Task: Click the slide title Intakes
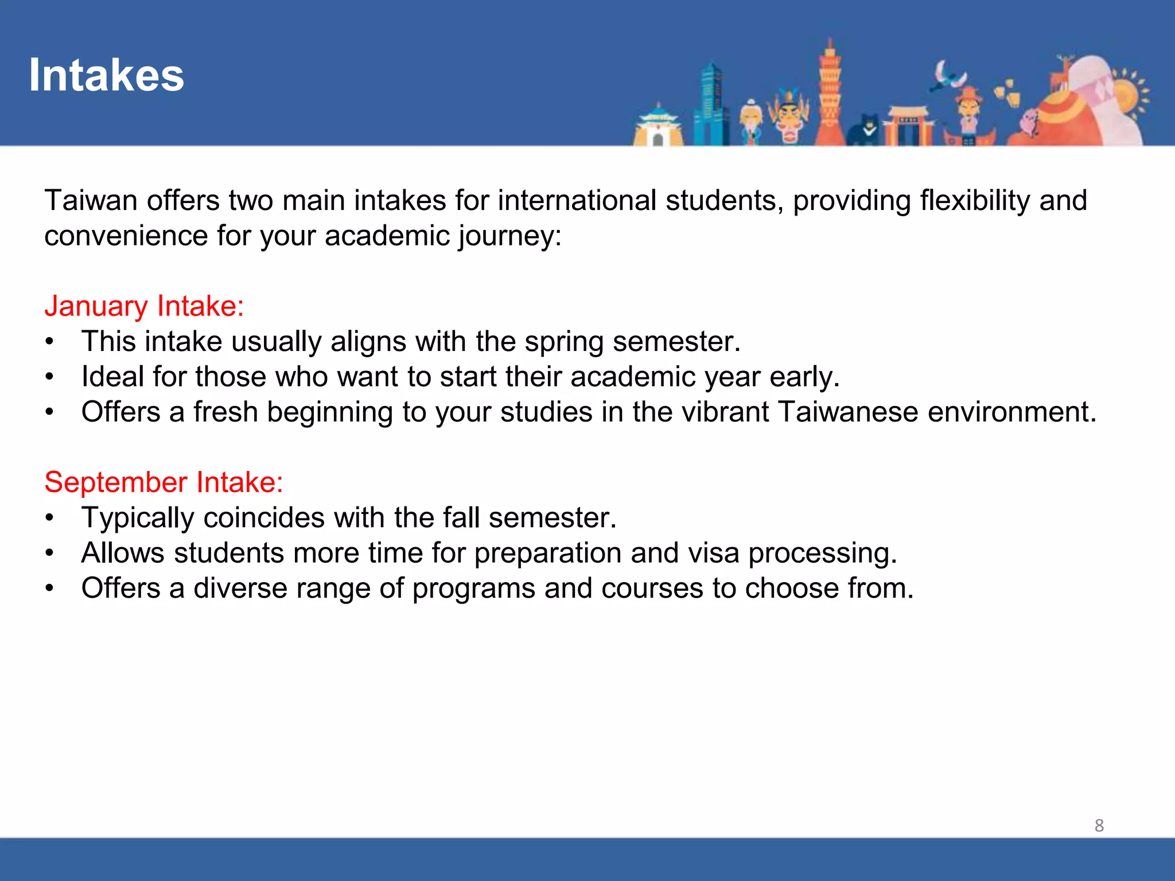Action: [x=106, y=75]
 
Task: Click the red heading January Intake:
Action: [x=144, y=306]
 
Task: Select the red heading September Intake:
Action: [x=164, y=482]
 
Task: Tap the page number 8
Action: [x=1099, y=825]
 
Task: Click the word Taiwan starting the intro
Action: [x=91, y=201]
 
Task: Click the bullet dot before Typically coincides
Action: [x=50, y=518]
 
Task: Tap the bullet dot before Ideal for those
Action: [x=50, y=377]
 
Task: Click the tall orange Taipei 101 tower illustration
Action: [x=828, y=95]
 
